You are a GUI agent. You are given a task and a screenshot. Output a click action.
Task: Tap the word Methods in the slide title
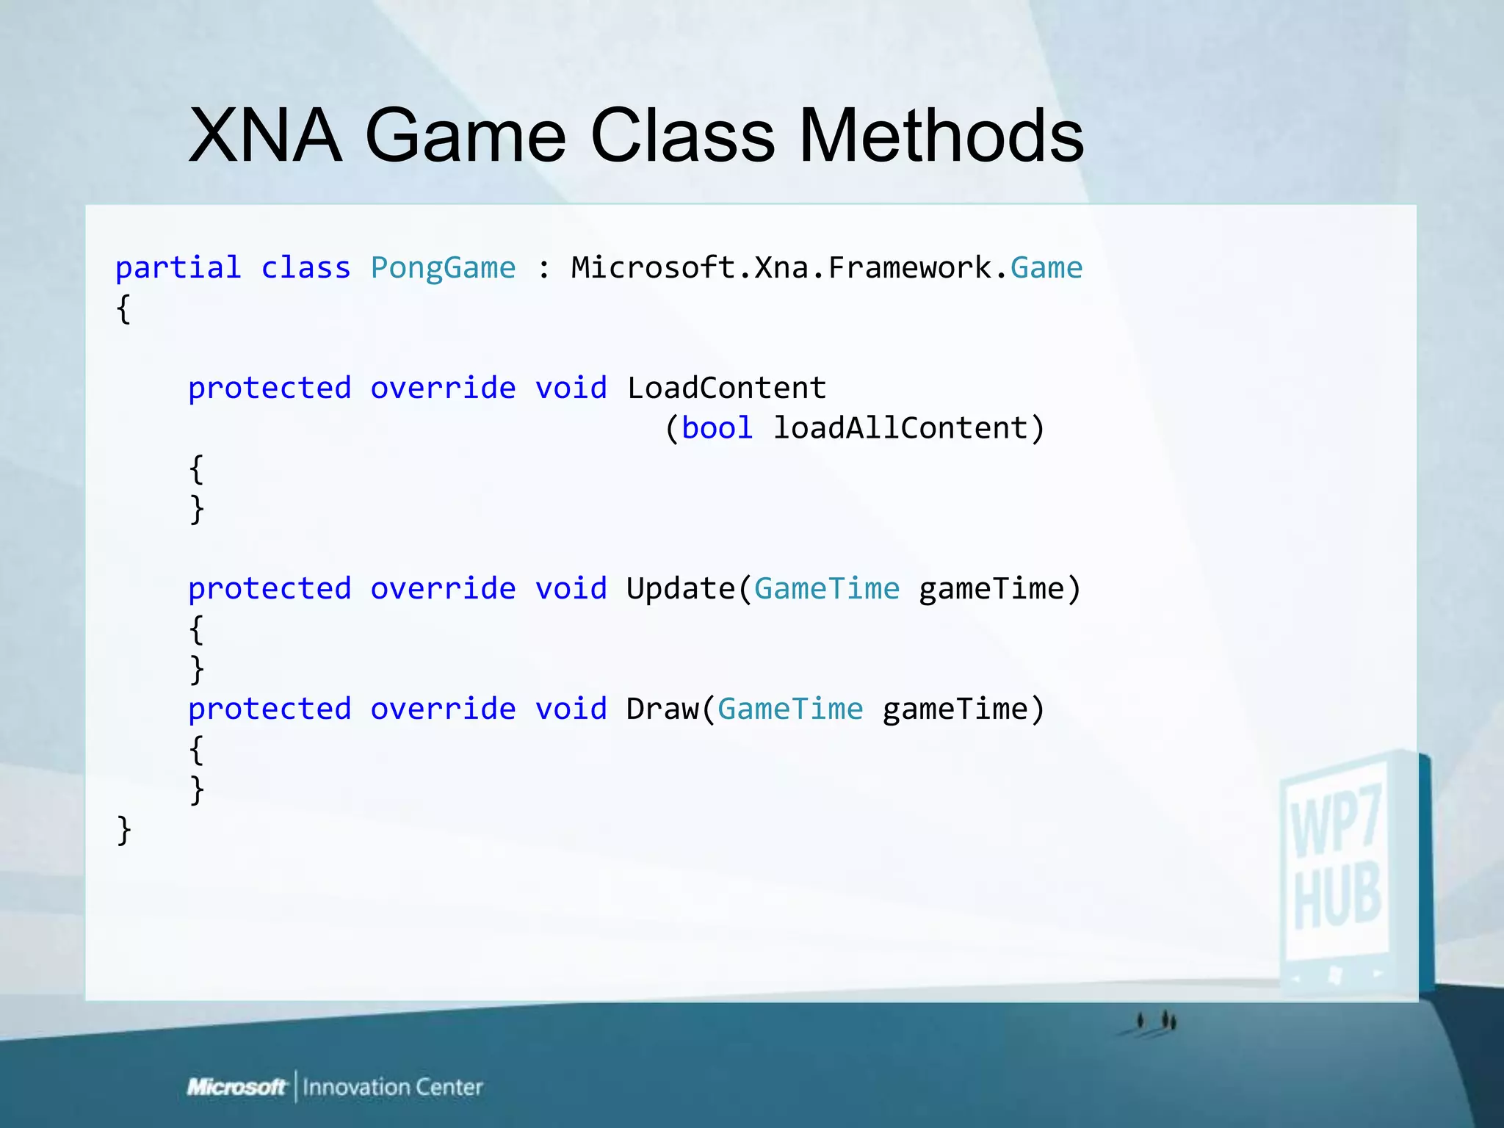click(x=941, y=136)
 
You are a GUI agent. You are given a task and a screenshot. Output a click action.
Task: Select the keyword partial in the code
click(x=178, y=269)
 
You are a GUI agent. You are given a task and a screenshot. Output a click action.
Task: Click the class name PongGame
click(x=443, y=269)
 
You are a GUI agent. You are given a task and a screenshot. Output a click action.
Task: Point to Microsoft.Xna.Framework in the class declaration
click(x=781, y=268)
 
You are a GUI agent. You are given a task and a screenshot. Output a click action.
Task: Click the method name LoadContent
click(x=726, y=388)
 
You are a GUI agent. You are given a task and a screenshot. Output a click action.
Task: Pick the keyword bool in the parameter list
click(x=717, y=428)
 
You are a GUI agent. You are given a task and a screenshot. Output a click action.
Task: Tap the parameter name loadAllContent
click(x=900, y=428)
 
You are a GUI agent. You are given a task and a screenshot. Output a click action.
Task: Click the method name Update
click(x=680, y=589)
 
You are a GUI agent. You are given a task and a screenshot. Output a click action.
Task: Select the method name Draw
click(x=662, y=709)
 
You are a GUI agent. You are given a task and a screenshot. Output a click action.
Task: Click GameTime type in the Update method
click(x=826, y=589)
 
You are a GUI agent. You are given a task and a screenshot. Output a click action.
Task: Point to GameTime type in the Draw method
click(x=790, y=709)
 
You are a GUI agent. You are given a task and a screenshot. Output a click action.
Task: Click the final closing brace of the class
click(x=124, y=831)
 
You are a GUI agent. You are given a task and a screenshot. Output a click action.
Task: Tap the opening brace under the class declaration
click(x=124, y=309)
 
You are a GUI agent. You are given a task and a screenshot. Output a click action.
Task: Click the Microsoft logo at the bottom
click(x=236, y=1087)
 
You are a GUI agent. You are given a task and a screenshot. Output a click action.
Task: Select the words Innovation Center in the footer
click(x=393, y=1087)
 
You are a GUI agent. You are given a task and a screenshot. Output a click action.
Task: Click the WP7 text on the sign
click(x=1337, y=821)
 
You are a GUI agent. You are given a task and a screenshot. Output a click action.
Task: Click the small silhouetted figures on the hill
click(x=1157, y=1022)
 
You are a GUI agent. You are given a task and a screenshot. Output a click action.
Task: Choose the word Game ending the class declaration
click(x=1046, y=269)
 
